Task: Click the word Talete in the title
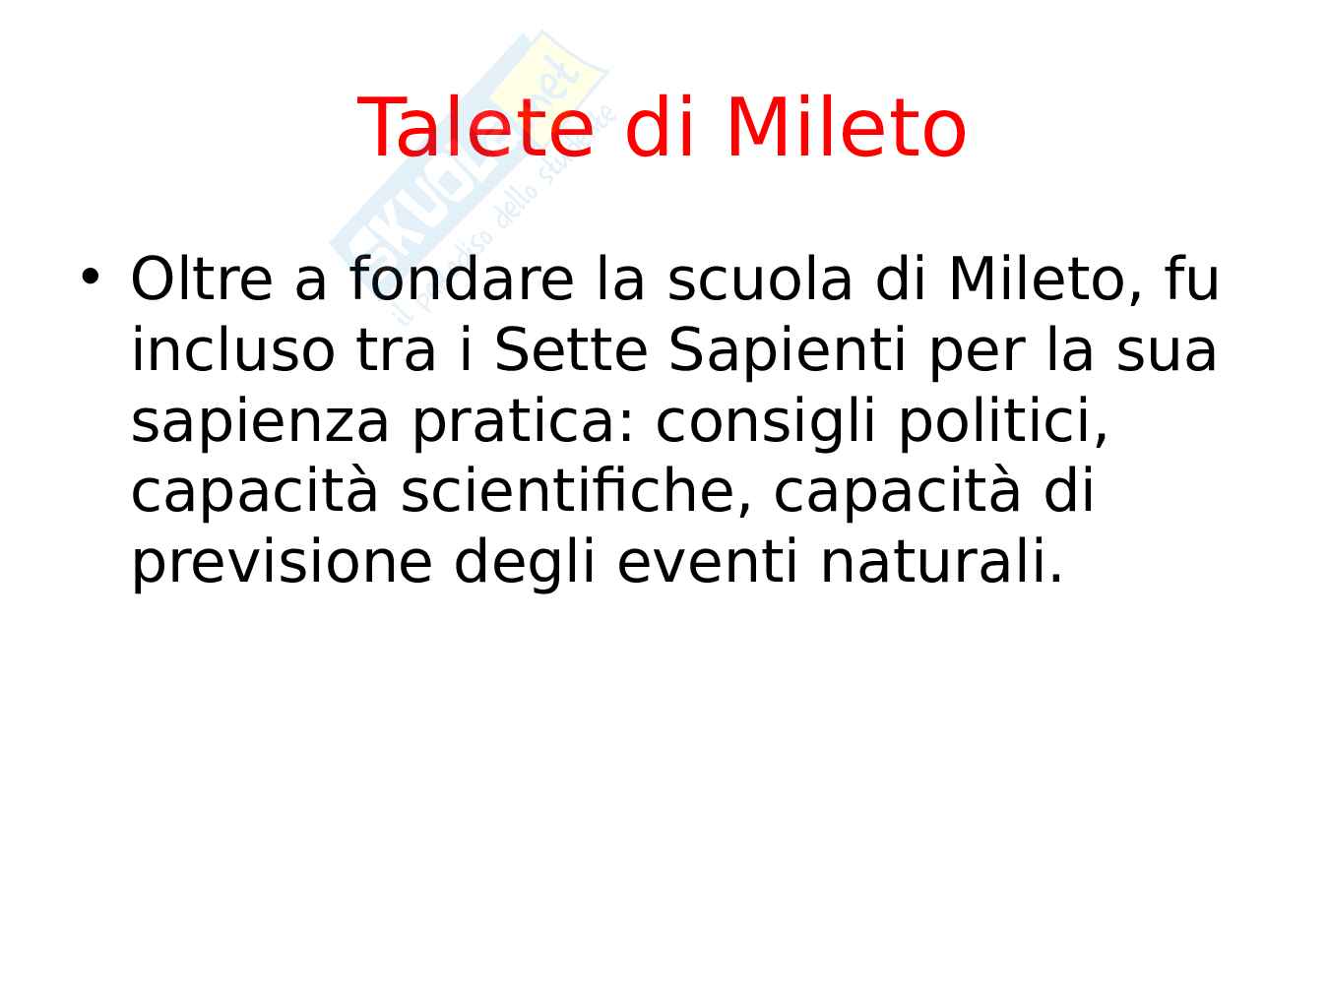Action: click(475, 127)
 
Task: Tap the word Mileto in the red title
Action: click(846, 127)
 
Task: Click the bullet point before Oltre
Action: click(90, 277)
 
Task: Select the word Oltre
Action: click(202, 279)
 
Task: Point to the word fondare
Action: click(461, 279)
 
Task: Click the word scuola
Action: click(760, 279)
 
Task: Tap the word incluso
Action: click(233, 349)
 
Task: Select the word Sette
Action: click(571, 349)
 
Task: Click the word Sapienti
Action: click(788, 352)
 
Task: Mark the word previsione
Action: click(282, 563)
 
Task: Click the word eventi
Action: click(707, 561)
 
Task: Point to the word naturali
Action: click(940, 561)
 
